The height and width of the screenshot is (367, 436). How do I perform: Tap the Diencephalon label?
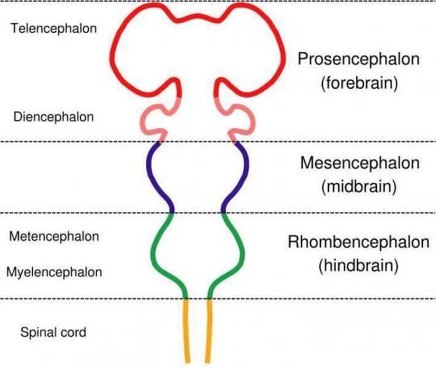pos(53,117)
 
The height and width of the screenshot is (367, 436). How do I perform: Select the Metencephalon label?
pos(54,236)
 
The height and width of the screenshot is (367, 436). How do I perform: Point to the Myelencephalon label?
pos(54,272)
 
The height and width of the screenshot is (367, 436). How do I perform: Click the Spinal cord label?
pos(53,333)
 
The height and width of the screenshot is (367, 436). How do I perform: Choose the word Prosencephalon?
pos(359,59)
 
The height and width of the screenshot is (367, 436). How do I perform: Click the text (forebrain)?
pos(359,83)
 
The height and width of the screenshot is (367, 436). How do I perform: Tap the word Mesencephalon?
pos(359,163)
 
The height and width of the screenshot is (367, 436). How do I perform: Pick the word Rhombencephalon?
pos(359,242)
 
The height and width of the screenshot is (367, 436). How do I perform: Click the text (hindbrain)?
pos(359,266)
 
